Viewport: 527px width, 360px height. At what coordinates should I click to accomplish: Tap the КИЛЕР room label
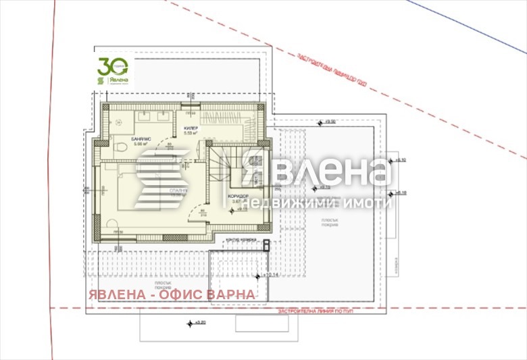[190, 127]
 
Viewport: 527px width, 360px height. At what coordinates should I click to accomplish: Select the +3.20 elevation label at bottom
[197, 322]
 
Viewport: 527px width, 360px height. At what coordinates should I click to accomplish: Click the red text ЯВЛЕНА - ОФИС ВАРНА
[171, 294]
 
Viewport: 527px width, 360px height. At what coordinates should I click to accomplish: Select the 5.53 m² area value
[190, 133]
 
